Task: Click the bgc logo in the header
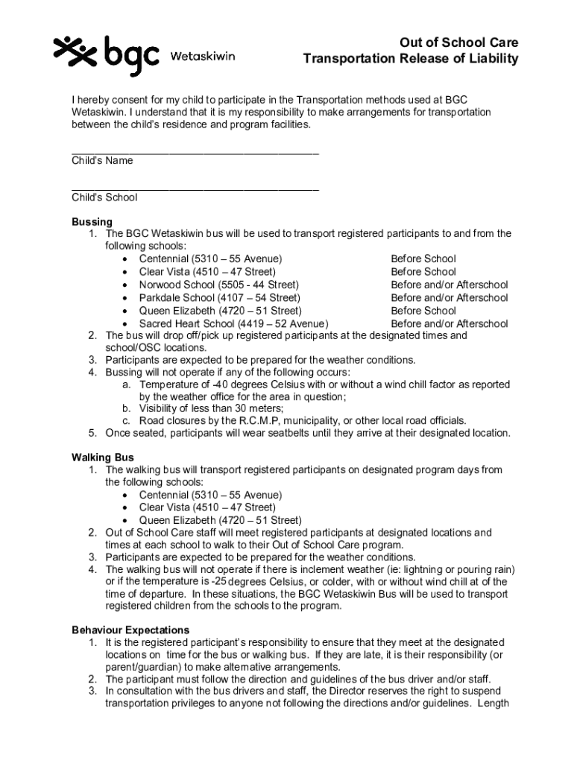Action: [x=106, y=54]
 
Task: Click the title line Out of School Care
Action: [x=458, y=42]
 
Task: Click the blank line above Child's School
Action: [x=195, y=189]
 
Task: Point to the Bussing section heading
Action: [x=92, y=222]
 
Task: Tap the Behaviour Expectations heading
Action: [x=130, y=630]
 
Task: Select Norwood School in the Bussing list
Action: [x=178, y=285]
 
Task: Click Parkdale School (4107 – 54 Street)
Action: [x=219, y=297]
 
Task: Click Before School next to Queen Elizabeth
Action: [x=423, y=311]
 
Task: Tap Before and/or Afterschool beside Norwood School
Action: [x=450, y=285]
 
